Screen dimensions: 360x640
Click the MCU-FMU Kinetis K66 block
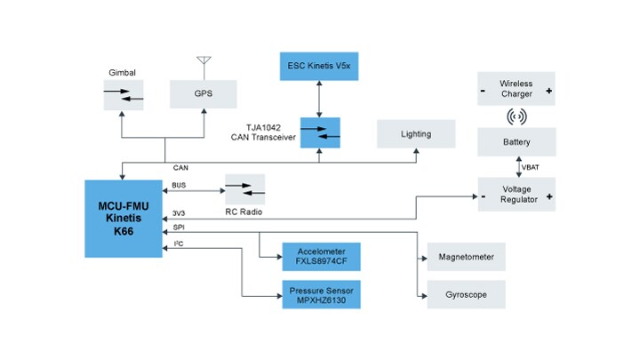[123, 219]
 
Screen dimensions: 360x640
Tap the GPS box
[204, 92]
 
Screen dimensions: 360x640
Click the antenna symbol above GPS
[204, 63]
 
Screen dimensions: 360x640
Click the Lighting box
[416, 134]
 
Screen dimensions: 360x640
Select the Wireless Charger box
[516, 90]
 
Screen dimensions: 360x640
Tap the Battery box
[516, 141]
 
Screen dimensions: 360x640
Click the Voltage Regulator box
[516, 194]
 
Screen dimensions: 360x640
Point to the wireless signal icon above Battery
[516, 116]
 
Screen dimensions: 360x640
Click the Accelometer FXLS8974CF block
[321, 256]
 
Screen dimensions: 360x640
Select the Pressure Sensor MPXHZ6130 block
[321, 293]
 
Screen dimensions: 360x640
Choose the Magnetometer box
[466, 257]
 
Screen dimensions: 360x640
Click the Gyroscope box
[466, 294]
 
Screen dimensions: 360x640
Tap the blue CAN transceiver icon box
[319, 133]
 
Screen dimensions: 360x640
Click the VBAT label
[531, 167]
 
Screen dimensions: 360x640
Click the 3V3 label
[180, 212]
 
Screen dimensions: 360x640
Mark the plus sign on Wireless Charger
[548, 90]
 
